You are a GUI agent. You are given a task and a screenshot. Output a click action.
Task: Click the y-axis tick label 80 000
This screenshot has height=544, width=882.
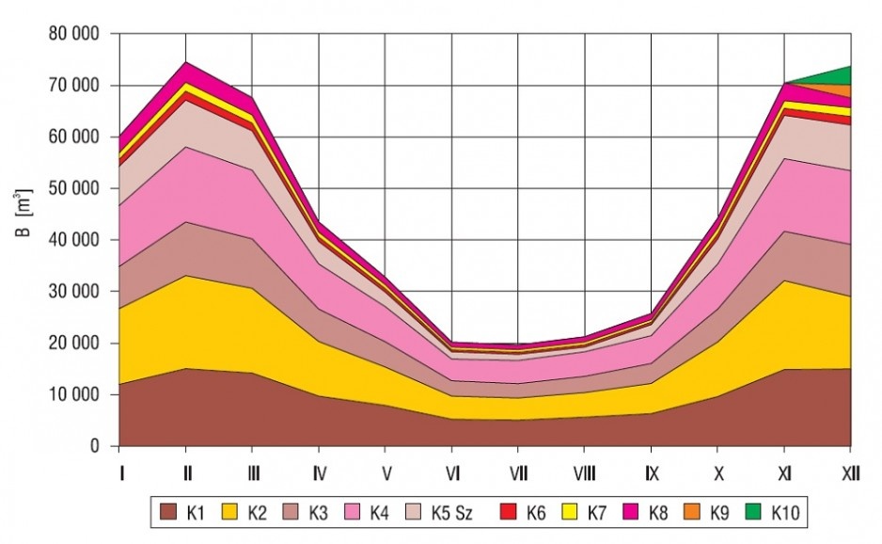[x=74, y=34]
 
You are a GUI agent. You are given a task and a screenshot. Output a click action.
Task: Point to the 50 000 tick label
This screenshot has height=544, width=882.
[x=74, y=188]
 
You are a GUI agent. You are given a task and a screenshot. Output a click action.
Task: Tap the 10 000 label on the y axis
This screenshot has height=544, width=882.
[x=74, y=394]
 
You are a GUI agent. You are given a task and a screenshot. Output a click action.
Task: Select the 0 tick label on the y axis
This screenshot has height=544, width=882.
[x=94, y=446]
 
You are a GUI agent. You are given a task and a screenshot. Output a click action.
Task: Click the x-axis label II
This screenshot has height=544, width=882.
[x=187, y=473]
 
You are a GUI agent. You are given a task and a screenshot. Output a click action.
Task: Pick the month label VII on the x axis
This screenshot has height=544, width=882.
[x=519, y=473]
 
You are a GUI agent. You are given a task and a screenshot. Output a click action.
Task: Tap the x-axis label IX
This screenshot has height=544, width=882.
[x=652, y=473]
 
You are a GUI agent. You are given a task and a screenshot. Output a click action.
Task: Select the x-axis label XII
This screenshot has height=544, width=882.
[x=850, y=473]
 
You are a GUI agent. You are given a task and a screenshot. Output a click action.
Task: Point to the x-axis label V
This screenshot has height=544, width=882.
[x=386, y=473]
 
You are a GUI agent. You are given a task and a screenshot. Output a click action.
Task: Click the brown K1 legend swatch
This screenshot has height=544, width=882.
[x=168, y=512]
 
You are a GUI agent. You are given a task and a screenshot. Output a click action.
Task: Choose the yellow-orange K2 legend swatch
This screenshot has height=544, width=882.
[x=230, y=512]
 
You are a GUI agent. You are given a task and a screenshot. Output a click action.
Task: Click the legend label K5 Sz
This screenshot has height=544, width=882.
[x=451, y=513]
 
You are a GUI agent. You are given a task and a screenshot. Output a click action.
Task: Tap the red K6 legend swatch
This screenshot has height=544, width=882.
[x=509, y=512]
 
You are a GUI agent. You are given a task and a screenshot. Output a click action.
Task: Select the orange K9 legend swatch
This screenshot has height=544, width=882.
[x=692, y=512]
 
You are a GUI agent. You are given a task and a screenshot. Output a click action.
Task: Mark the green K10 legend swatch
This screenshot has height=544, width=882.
[x=753, y=512]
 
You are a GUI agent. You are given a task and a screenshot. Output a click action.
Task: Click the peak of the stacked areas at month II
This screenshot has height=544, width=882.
[x=186, y=62]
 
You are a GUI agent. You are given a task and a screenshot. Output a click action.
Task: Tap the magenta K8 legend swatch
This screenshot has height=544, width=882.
[x=631, y=512]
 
